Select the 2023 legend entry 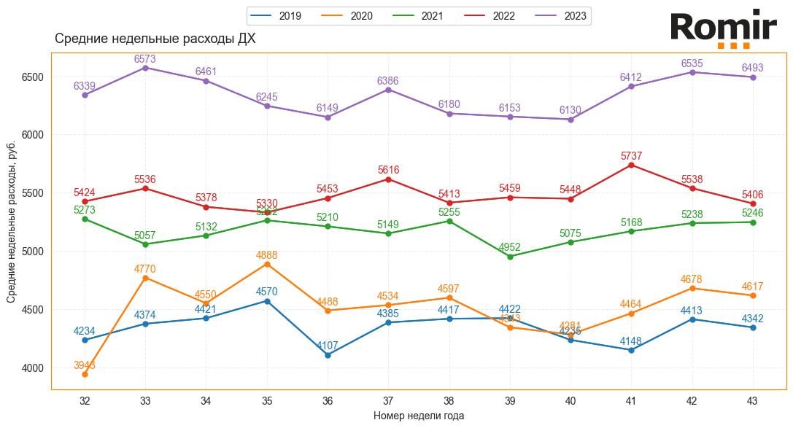[x=565, y=16]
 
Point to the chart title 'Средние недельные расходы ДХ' [x=155, y=39]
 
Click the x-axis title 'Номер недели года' [x=419, y=416]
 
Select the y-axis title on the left [x=12, y=222]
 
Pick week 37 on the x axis [x=388, y=400]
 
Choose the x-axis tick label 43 [x=753, y=400]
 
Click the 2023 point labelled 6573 [x=145, y=68]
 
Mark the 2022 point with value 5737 [x=632, y=165]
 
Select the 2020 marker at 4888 [x=267, y=264]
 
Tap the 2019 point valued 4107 [x=328, y=355]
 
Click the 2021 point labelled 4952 [x=510, y=257]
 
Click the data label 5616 [x=388, y=170]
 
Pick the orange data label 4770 [x=145, y=269]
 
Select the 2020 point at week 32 [x=85, y=374]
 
